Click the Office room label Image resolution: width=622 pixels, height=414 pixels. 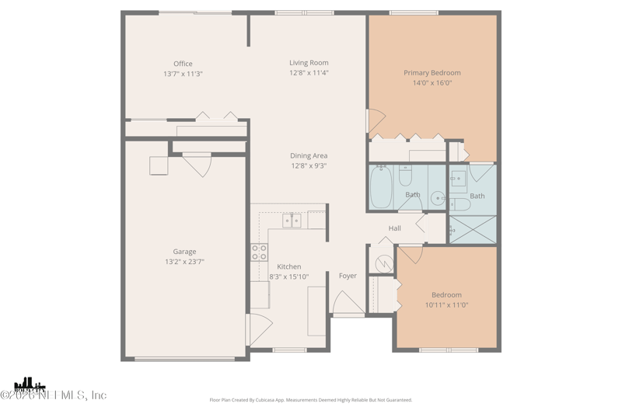tap(183, 64)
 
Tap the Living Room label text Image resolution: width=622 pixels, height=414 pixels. tap(309, 63)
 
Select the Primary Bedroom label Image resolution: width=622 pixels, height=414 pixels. tap(432, 73)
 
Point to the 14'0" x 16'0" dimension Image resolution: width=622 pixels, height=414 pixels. tap(432, 83)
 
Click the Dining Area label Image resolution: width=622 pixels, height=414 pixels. tap(309, 155)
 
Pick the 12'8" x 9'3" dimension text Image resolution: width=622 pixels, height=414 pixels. tap(309, 165)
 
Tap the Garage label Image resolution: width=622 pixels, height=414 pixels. tap(184, 252)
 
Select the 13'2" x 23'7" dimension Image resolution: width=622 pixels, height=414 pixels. tap(184, 262)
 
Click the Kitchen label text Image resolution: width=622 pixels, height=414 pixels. tap(288, 266)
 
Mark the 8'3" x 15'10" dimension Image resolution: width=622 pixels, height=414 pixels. tap(288, 277)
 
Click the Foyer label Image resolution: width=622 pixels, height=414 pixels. tap(348, 276)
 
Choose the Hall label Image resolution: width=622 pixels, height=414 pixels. tap(395, 228)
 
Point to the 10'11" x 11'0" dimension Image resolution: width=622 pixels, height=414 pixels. tap(446, 305)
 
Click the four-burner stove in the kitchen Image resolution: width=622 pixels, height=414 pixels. tap(259, 252)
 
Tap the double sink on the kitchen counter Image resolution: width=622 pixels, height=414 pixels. tap(292, 221)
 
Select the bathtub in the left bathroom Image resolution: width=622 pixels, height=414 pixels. tap(381, 187)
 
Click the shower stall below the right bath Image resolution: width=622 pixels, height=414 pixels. tap(472, 229)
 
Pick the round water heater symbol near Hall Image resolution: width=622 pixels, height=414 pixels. tap(385, 264)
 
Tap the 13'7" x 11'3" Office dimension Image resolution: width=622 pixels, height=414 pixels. tap(183, 74)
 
